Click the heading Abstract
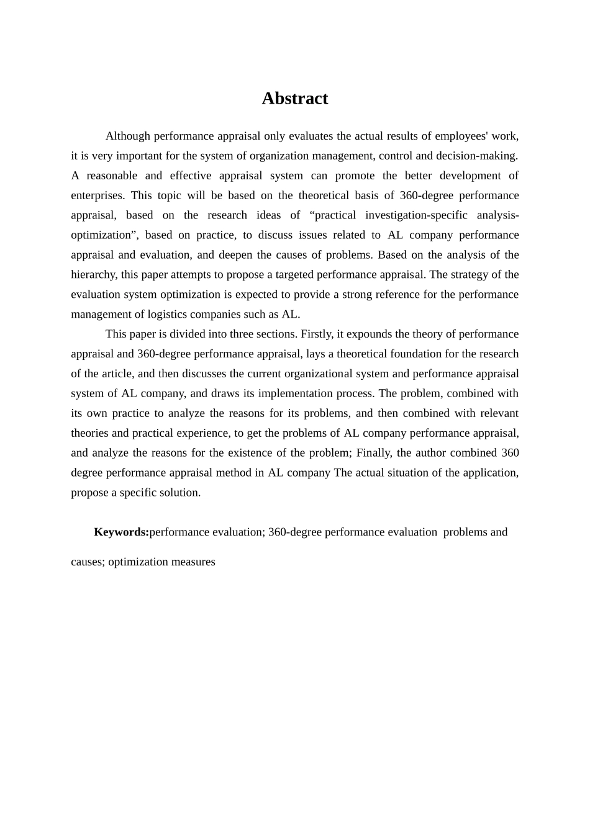(294, 99)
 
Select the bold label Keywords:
(121, 532)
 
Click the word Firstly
(317, 334)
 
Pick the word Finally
(374, 453)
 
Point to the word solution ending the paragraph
(179, 493)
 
